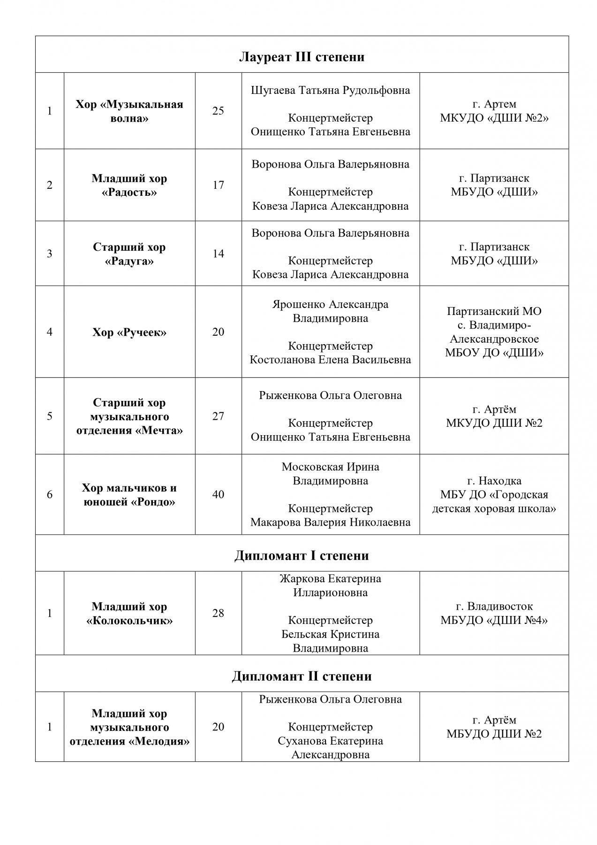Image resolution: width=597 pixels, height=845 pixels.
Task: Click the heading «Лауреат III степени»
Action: tap(302, 57)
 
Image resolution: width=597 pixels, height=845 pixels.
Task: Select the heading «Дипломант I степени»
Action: tap(302, 555)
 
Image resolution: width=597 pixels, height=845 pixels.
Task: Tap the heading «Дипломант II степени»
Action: tap(302, 676)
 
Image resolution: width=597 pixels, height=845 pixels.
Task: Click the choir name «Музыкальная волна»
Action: tap(129, 111)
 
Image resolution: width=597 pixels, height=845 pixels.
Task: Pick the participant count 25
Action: tap(218, 111)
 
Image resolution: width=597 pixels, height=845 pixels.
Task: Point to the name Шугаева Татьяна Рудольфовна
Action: tap(331, 90)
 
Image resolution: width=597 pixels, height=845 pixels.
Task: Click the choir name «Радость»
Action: tap(129, 192)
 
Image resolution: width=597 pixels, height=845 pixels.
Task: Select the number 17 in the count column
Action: tap(218, 185)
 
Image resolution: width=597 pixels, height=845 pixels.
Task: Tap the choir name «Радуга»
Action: tap(129, 261)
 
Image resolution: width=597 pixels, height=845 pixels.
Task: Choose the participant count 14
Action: tap(218, 253)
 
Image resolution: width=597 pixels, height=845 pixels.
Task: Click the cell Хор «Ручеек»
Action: tap(129, 332)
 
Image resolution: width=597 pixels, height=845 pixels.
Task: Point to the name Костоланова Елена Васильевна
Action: tap(331, 360)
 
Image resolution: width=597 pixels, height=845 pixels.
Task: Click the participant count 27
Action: tap(218, 416)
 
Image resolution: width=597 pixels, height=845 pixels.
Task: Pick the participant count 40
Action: tap(218, 494)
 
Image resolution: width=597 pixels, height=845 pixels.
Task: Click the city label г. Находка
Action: tap(494, 481)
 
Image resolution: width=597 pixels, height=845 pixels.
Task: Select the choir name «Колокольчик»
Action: tap(129, 621)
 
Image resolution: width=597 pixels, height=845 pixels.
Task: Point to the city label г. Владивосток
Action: tap(494, 607)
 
